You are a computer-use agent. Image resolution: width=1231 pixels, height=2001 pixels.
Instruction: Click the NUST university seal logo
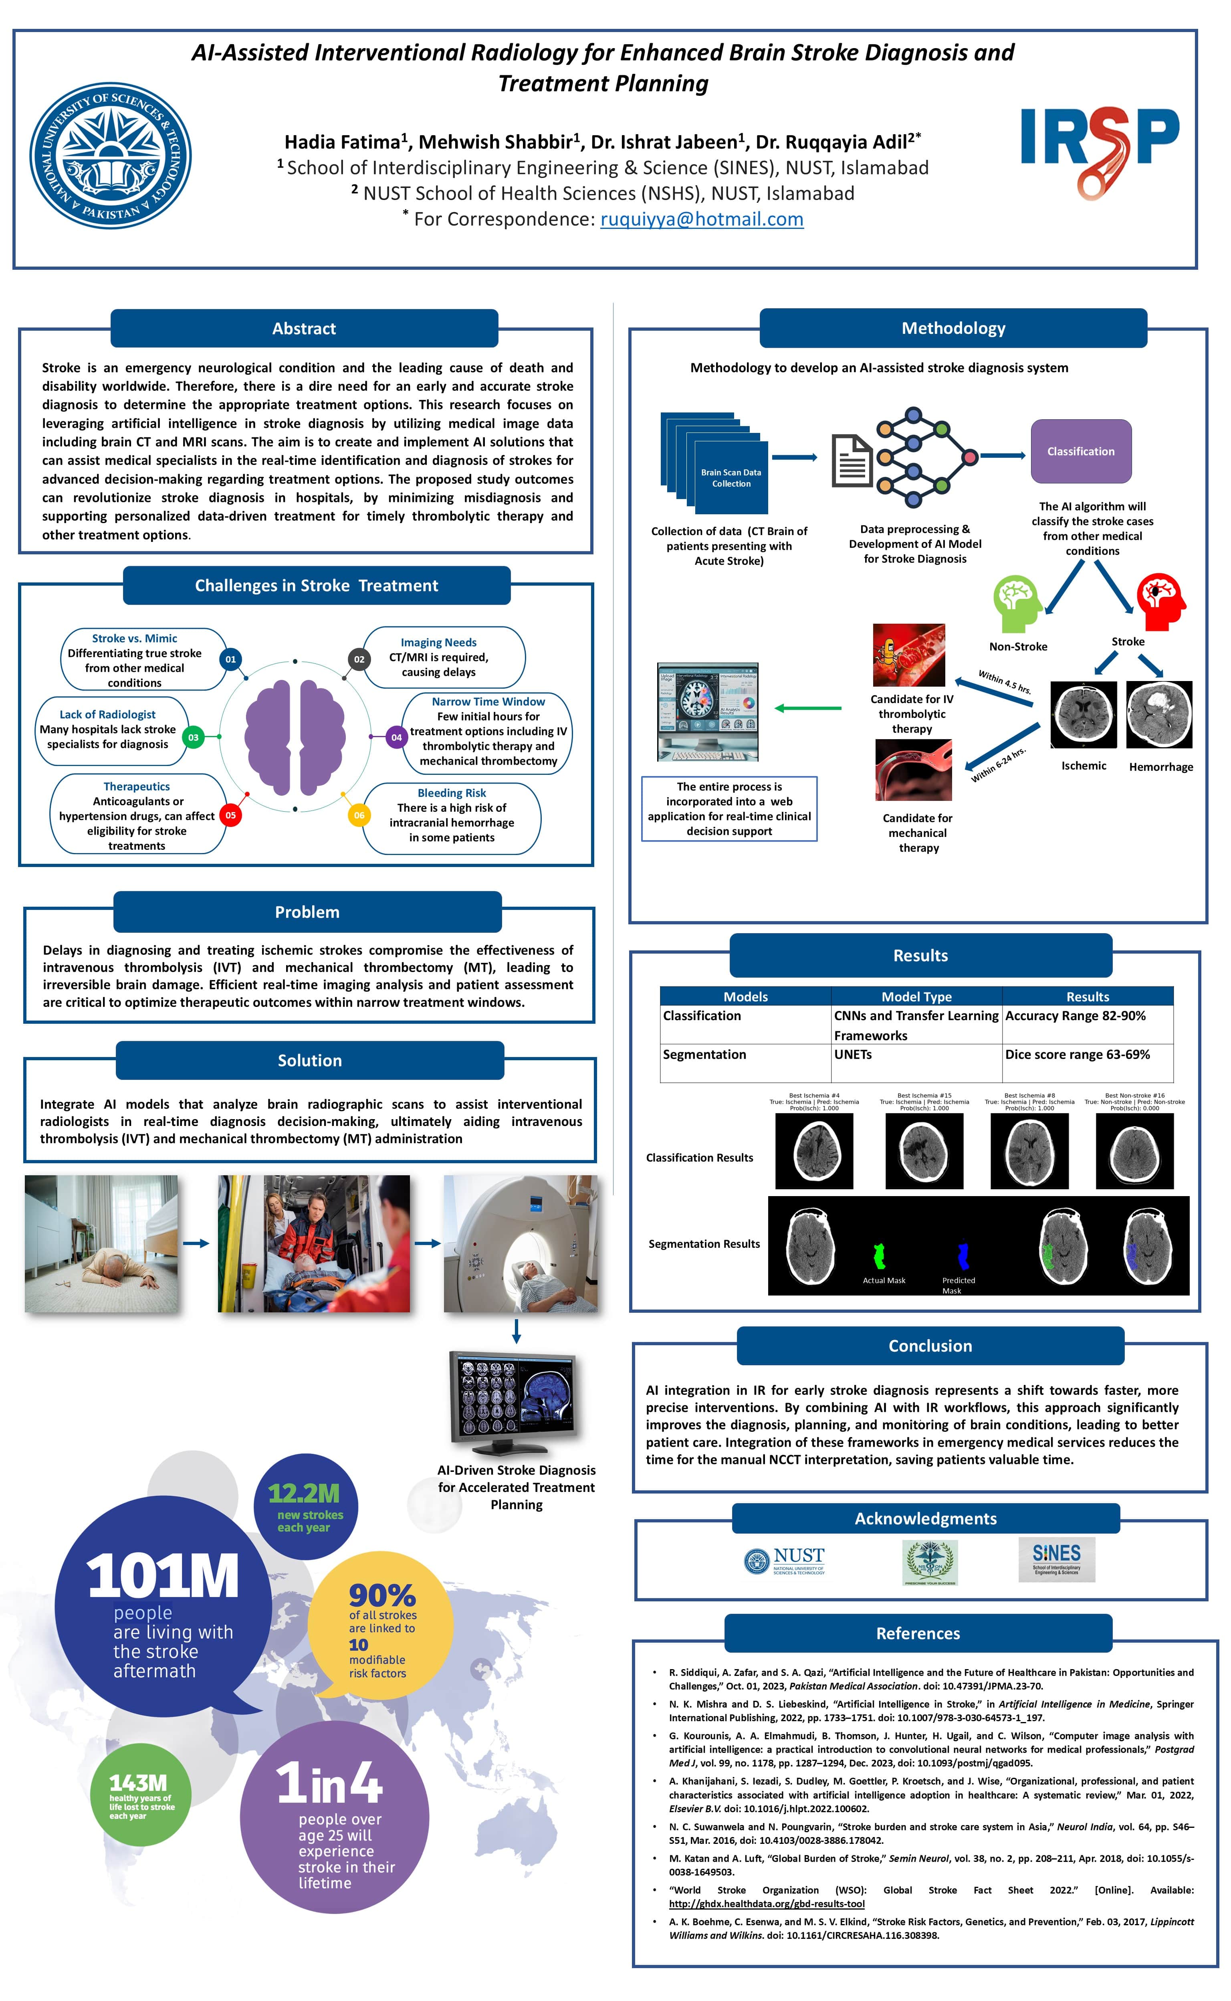(x=111, y=155)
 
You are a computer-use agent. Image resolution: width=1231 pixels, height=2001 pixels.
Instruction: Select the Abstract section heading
(x=304, y=328)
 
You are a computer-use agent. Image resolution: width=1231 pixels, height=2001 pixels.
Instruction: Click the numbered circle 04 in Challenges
(x=396, y=737)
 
